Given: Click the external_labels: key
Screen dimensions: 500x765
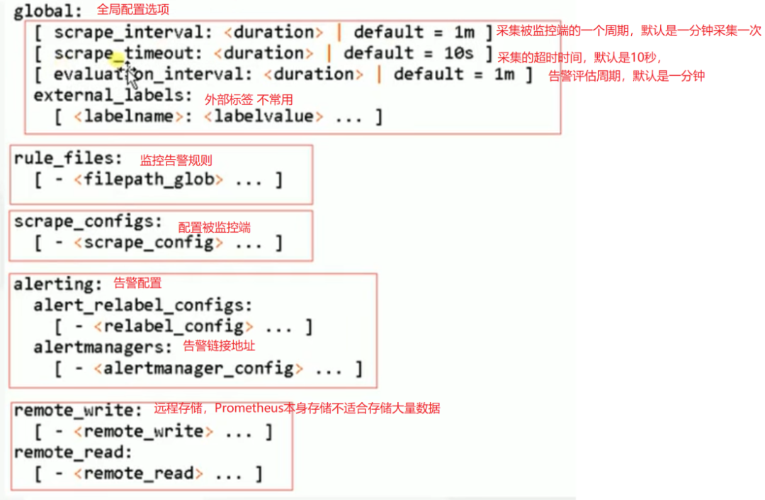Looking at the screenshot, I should pyautogui.click(x=113, y=95).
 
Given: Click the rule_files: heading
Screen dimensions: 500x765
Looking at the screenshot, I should pyautogui.click(x=68, y=159).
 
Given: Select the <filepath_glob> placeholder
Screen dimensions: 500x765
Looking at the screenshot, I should pyautogui.click(x=149, y=179).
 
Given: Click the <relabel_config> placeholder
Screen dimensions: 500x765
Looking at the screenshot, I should pyautogui.click(x=174, y=326).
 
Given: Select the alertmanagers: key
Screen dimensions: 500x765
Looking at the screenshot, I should pyautogui.click(x=103, y=348).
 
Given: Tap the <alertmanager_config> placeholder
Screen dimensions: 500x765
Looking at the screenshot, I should pyautogui.click(x=198, y=368).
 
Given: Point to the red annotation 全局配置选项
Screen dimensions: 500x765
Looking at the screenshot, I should pyautogui.click(x=132, y=10).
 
